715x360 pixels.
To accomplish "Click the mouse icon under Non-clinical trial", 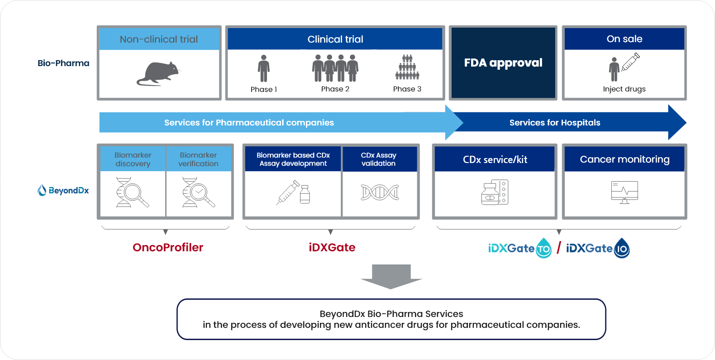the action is pos(158,74).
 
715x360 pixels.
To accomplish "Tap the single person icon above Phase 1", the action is pos(264,68).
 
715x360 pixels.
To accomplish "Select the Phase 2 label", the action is pos(335,89).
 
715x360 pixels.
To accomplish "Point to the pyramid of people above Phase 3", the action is pos(407,67).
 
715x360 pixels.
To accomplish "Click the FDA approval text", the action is pos(503,63).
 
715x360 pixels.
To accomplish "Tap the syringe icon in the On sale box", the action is pos(630,62).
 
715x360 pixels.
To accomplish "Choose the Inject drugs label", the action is pos(624,89).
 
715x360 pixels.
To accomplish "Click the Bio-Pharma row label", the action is pos(63,63).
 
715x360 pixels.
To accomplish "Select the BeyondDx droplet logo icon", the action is pos(42,190).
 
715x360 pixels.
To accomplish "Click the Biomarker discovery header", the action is pos(133,159).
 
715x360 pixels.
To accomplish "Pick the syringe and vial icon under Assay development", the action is pos(293,192).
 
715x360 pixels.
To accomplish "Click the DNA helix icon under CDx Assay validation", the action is pos(380,192).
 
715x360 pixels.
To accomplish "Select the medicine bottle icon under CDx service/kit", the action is pos(495,192).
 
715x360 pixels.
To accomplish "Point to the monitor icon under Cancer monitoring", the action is pos(624,192).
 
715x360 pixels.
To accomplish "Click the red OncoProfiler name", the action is pos(168,248).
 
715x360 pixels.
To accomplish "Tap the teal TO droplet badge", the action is pos(543,248).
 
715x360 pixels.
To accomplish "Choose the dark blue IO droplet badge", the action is pos(622,248).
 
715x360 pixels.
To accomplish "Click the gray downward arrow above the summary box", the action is pos(391,277).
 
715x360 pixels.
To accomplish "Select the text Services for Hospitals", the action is pos(555,123).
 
